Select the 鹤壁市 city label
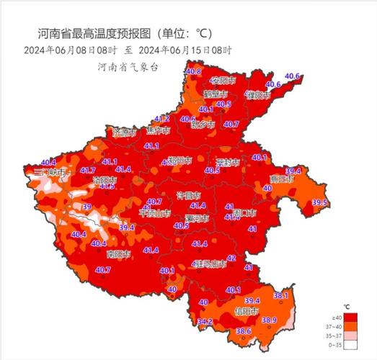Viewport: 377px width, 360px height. (x=215, y=94)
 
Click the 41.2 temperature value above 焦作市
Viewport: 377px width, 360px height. (x=161, y=119)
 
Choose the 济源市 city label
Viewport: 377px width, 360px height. (x=124, y=132)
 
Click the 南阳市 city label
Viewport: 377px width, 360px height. (x=117, y=255)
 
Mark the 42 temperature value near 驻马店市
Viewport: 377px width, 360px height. (x=231, y=258)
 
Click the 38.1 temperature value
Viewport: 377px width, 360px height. (x=281, y=296)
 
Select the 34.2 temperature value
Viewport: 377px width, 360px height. (x=205, y=321)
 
